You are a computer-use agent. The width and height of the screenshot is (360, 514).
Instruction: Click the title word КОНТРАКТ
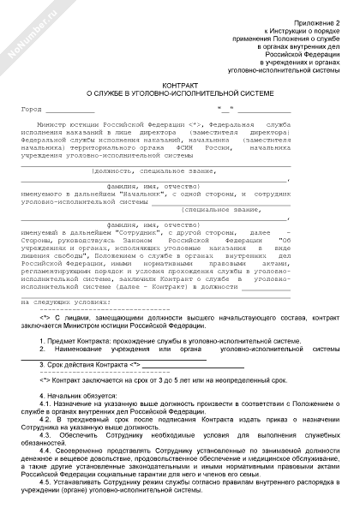coord(179,86)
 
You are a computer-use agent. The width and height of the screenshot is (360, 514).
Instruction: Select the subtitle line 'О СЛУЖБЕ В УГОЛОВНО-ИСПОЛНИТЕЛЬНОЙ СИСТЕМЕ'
coord(179,94)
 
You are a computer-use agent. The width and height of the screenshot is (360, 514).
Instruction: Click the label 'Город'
coord(30,110)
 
